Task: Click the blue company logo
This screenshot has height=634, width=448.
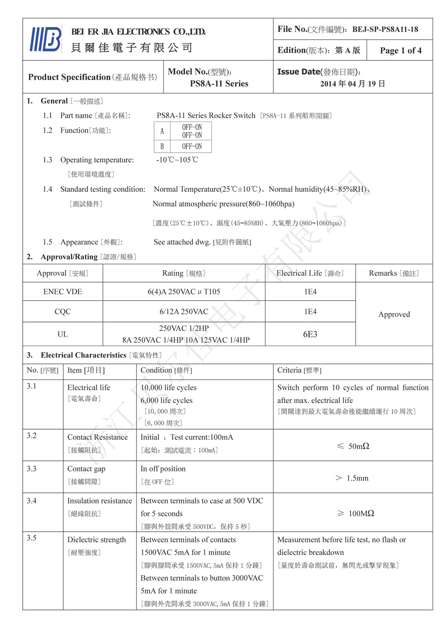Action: click(x=46, y=39)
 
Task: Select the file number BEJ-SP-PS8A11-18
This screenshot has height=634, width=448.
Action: click(x=385, y=29)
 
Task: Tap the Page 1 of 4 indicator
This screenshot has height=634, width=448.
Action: click(x=400, y=50)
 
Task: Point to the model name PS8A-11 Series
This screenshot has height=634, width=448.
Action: click(x=219, y=83)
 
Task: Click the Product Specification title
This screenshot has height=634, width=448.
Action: click(x=69, y=77)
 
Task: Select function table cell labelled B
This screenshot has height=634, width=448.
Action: click(x=162, y=147)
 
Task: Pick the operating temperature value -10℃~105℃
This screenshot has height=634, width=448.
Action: click(x=177, y=160)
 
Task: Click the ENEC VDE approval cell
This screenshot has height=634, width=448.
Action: click(x=63, y=292)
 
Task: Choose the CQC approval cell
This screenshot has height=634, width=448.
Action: click(x=63, y=312)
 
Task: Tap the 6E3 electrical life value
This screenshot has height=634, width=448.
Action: click(x=310, y=334)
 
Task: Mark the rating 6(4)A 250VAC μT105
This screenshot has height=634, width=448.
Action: click(x=184, y=292)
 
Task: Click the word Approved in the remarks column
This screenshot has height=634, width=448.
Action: click(x=394, y=314)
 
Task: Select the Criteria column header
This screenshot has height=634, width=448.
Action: click(x=299, y=370)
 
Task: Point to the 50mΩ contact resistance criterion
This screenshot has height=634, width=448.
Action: click(x=354, y=446)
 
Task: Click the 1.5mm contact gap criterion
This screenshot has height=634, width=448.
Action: click(x=352, y=478)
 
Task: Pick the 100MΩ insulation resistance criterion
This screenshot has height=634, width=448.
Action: click(x=356, y=513)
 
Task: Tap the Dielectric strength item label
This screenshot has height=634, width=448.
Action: click(x=96, y=540)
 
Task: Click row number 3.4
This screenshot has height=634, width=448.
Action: click(x=32, y=501)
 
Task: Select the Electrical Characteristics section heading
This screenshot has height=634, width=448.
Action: click(x=83, y=355)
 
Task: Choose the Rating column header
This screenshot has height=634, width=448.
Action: click(x=184, y=273)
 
